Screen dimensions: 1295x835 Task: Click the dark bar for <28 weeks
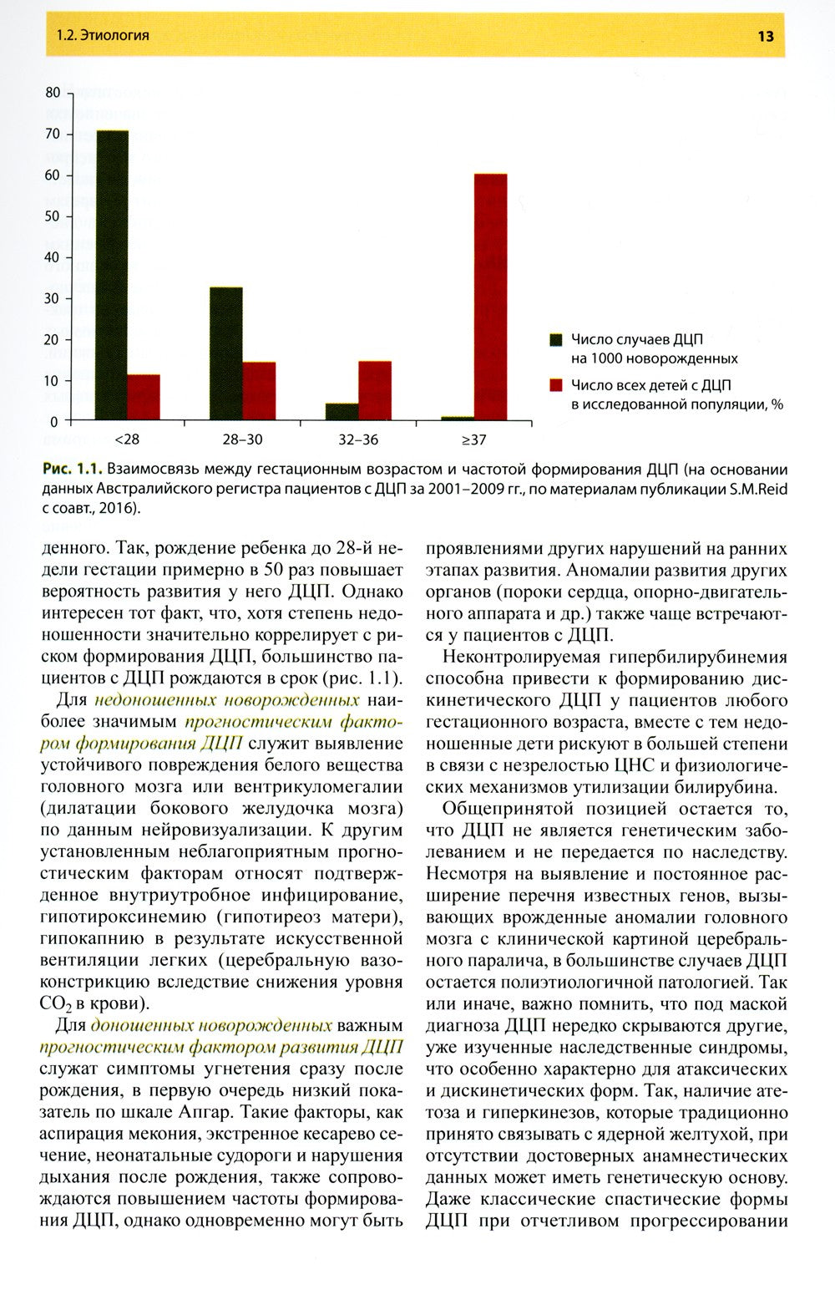pyautogui.click(x=111, y=275)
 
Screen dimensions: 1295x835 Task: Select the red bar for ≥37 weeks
pyautogui.click(x=490, y=297)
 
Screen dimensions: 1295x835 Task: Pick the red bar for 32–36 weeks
pyautogui.click(x=375, y=390)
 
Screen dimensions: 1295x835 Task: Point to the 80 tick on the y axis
pyautogui.click(x=53, y=92)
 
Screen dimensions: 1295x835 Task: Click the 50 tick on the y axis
pyautogui.click(x=53, y=216)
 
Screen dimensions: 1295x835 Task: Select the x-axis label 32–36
pyautogui.click(x=358, y=437)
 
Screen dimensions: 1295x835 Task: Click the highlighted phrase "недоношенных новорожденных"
pyautogui.click(x=228, y=698)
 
